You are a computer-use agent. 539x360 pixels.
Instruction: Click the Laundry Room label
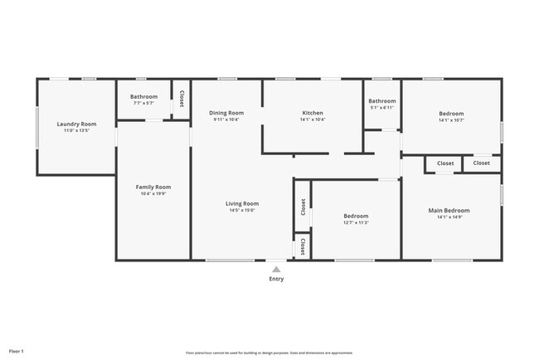(76, 124)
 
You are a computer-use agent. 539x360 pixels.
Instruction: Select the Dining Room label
(226, 113)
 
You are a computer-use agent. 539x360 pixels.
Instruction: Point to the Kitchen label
(313, 113)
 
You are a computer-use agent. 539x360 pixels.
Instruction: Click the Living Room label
(242, 203)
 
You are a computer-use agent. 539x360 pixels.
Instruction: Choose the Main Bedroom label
(451, 211)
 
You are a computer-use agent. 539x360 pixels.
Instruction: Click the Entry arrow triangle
(276, 269)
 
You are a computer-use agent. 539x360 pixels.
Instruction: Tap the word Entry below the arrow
(276, 279)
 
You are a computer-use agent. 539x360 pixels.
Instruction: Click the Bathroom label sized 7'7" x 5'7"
(143, 96)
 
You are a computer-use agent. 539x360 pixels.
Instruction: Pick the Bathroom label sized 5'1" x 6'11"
(382, 101)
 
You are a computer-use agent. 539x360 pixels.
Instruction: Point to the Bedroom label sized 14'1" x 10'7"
(451, 114)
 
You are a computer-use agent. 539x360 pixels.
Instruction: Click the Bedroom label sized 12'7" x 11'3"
(356, 216)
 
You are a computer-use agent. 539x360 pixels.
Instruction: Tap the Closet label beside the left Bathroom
(181, 100)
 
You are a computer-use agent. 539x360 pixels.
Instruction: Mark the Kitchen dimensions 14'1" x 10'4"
(313, 119)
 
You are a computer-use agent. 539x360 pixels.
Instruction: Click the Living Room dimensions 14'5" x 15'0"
(242, 210)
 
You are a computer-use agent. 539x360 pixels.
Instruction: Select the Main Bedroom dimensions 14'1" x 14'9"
(451, 217)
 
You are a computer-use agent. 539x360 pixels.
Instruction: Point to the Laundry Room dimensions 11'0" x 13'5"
(76, 130)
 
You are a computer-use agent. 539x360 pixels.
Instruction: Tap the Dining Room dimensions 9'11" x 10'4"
(226, 119)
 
